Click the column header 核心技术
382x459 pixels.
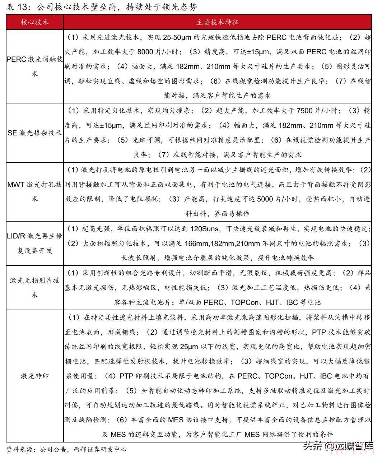[34, 22]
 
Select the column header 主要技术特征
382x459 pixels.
[218, 22]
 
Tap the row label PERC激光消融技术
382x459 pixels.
[34, 66]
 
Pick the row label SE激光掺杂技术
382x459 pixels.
[34, 133]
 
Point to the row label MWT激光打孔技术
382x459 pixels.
[34, 192]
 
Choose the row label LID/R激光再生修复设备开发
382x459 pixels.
[34, 243]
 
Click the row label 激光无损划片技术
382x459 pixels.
[34, 287]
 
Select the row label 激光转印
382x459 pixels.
[34, 376]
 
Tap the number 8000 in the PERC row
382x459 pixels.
[145, 52]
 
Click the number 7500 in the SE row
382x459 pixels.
[305, 111]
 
